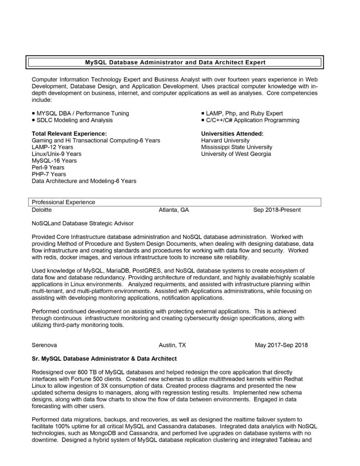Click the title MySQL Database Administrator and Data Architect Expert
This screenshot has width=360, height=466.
click(175, 61)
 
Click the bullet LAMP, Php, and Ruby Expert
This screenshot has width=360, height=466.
click(244, 113)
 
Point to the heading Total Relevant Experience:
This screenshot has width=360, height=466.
click(69, 134)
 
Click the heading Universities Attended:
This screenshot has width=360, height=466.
click(232, 134)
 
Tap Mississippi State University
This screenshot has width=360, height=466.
click(237, 147)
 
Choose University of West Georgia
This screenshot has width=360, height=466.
click(236, 154)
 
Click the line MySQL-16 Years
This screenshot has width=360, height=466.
click(54, 161)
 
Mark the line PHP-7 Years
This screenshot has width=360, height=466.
click(49, 174)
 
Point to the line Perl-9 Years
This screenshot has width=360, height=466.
click(48, 167)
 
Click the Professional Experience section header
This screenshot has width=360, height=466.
click(63, 202)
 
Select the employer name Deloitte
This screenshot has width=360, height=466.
click(42, 210)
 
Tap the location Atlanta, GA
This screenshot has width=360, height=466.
click(173, 210)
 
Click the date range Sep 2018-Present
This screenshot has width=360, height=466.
click(277, 210)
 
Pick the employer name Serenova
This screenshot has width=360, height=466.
click(44, 345)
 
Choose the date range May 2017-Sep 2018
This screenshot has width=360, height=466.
click(281, 345)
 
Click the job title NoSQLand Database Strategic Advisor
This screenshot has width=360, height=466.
click(83, 224)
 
